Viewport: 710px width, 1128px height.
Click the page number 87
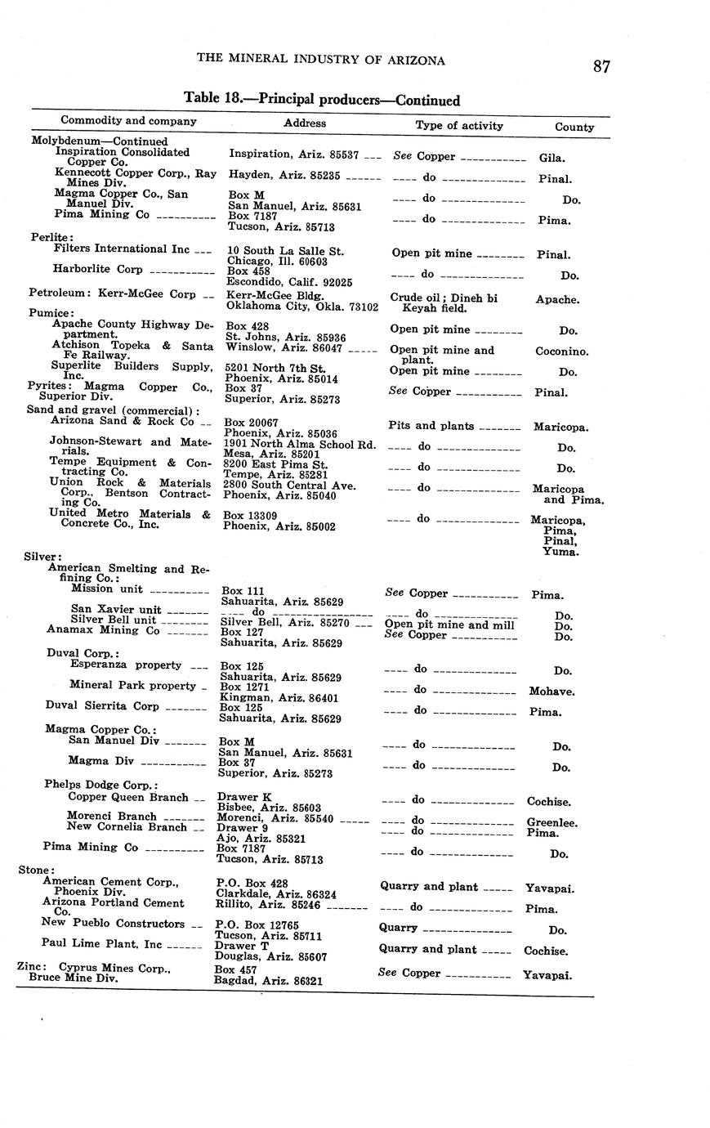pos(601,67)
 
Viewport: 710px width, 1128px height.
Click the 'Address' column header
pos(304,123)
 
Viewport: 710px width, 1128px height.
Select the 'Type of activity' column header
pos(459,125)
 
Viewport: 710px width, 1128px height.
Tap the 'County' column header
pos(574,127)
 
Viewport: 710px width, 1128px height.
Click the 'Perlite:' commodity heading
pos(40,237)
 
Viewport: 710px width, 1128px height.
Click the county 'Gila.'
pos(551,158)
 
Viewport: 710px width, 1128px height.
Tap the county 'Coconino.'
pos(562,351)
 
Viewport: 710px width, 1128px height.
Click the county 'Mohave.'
pos(551,692)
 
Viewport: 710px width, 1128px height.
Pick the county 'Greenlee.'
pos(551,823)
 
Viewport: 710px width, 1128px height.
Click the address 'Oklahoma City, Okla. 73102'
pos(301,307)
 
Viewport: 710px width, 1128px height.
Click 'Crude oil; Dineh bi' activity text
pos(444,298)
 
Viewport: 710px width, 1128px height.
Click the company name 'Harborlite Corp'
pos(97,269)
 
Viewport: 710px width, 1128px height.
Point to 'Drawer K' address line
pos(243,796)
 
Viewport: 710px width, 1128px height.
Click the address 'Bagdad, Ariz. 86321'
pos(267,979)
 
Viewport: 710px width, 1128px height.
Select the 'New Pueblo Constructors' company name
pos(113,924)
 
